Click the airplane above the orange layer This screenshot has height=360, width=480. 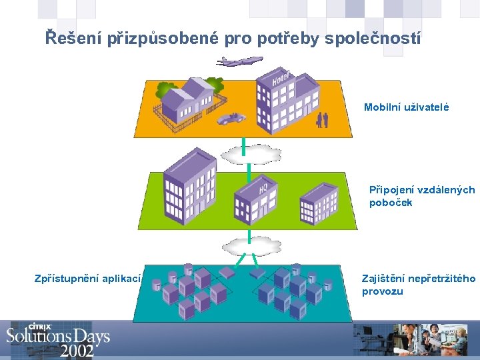pyautogui.click(x=239, y=61)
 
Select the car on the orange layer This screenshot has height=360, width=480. pyautogui.click(x=231, y=118)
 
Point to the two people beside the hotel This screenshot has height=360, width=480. pyautogui.click(x=323, y=119)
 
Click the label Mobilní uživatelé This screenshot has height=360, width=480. pyautogui.click(x=407, y=107)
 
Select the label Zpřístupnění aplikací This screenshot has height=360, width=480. pyautogui.click(x=87, y=278)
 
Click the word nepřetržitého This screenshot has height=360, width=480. pyautogui.click(x=442, y=278)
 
